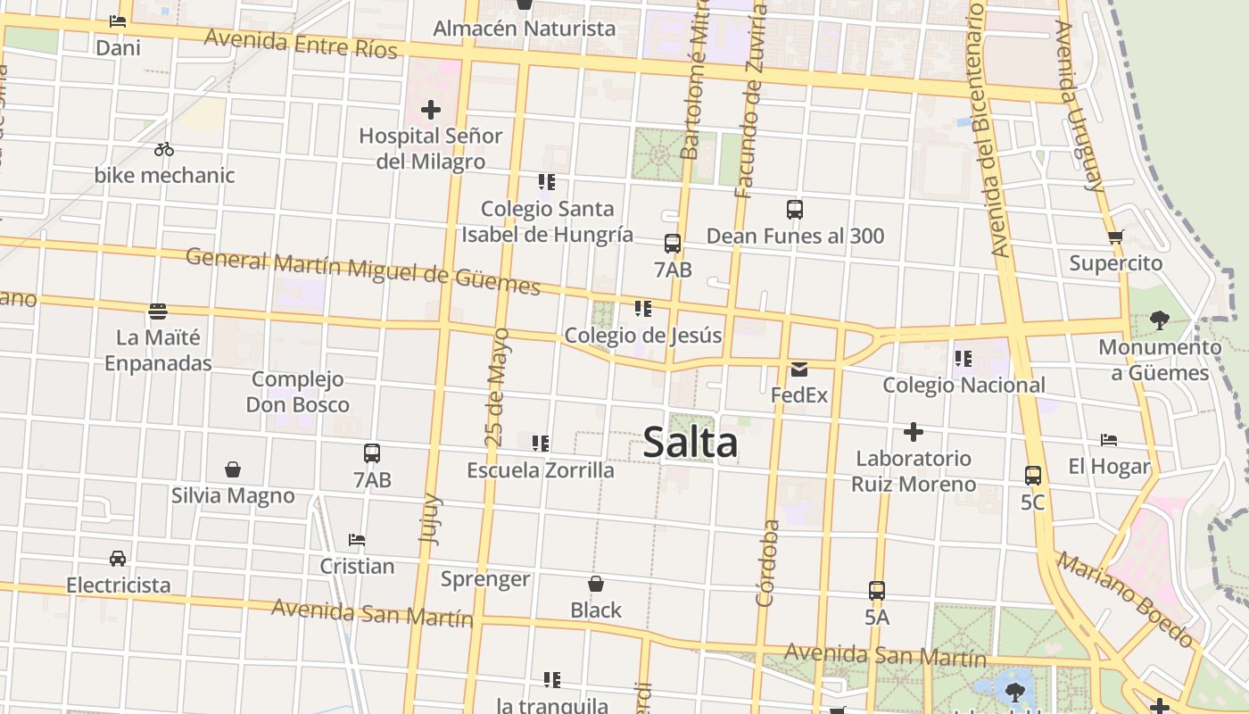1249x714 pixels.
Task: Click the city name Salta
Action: pos(690,443)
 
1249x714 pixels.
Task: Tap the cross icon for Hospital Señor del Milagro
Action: pos(431,110)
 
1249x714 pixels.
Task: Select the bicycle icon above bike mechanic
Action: pos(164,149)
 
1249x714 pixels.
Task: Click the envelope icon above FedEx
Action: pos(798,369)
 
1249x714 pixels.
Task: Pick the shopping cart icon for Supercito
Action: pos(1115,237)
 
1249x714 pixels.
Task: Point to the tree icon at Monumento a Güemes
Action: pos(1159,320)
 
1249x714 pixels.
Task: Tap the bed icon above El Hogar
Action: pos(1109,440)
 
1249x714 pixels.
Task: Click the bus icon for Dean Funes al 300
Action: pos(795,210)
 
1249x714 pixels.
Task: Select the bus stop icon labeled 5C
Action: pos(1032,476)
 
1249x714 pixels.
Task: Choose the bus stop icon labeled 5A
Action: pos(877,591)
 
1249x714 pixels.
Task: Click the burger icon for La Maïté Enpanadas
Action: pos(158,311)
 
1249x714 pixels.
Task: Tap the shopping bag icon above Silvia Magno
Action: pos(233,469)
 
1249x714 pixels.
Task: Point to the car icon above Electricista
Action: pos(118,559)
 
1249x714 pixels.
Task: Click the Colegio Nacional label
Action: pos(964,386)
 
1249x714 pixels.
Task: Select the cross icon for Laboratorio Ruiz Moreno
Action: pos(913,433)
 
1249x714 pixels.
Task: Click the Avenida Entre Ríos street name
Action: pos(301,43)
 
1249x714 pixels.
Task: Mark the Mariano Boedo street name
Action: pos(1126,601)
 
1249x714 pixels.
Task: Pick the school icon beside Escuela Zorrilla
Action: pos(540,444)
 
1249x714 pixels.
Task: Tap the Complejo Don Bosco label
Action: pos(298,392)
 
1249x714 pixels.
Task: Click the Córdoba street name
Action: pos(766,563)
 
